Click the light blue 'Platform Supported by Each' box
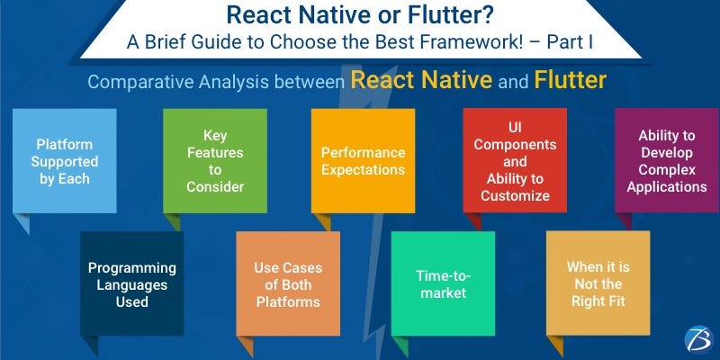pyautogui.click(x=64, y=160)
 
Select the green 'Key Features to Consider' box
pyautogui.click(x=214, y=160)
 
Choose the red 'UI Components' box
pyautogui.click(x=516, y=160)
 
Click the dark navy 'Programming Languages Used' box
pyautogui.click(x=131, y=284)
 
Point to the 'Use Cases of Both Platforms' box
pyautogui.click(x=287, y=284)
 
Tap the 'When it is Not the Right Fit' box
pyautogui.click(x=598, y=284)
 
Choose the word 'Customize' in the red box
pyautogui.click(x=516, y=195)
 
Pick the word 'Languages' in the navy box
pyautogui.click(x=131, y=284)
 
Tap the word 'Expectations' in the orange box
pyautogui.click(x=364, y=169)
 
